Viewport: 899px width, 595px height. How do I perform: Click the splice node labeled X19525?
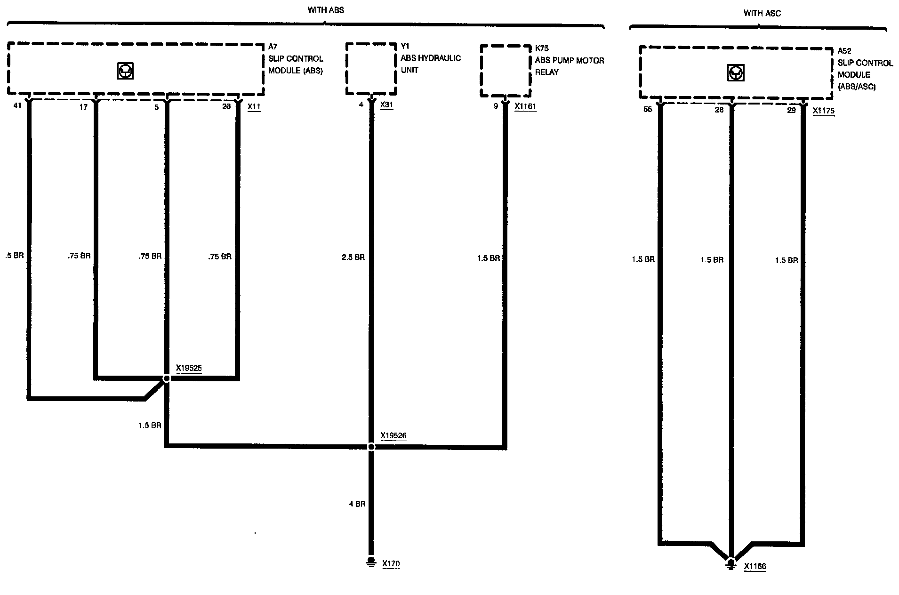click(x=166, y=378)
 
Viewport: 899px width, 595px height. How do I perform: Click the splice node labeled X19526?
click(x=371, y=446)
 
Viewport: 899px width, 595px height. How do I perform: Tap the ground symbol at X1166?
click(x=730, y=563)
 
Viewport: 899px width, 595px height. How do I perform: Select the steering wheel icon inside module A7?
click(x=125, y=71)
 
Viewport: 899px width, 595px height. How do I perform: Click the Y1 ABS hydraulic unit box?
click(x=371, y=69)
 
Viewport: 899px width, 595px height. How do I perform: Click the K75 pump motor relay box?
click(x=506, y=71)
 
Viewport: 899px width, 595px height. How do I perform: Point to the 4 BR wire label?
click(x=357, y=504)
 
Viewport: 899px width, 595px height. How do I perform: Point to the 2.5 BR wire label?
click(x=353, y=257)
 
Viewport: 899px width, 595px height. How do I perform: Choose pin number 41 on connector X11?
click(x=17, y=106)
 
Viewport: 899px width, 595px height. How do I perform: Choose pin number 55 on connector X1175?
click(x=648, y=110)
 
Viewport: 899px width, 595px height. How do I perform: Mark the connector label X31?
click(x=386, y=105)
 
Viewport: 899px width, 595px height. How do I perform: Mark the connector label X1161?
click(x=525, y=106)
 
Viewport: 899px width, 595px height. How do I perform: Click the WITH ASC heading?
click(x=762, y=13)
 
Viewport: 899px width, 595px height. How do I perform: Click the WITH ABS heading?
click(x=326, y=10)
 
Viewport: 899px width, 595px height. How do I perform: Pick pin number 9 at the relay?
click(x=495, y=106)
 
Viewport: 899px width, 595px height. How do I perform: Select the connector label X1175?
click(x=823, y=111)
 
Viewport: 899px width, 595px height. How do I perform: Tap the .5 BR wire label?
click(x=14, y=256)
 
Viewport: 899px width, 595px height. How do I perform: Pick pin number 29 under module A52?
click(x=791, y=110)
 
